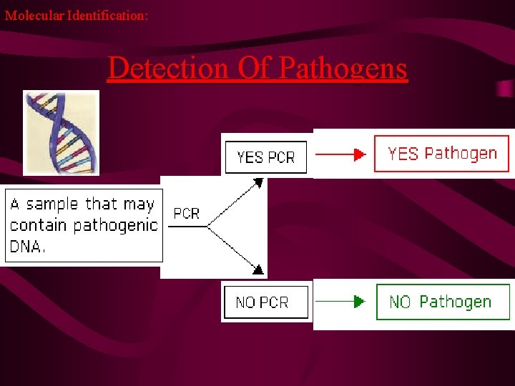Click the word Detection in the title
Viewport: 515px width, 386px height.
168,69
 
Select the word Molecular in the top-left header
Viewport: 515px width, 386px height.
34,14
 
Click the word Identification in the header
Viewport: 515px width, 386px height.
107,14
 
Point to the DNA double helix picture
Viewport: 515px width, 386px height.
61,132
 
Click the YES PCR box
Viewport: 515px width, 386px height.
265,157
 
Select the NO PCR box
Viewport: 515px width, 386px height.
265,302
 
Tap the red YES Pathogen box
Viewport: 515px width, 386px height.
441,154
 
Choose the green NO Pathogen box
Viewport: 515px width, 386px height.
443,302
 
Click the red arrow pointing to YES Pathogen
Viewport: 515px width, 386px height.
341,154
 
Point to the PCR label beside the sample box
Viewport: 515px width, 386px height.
187,213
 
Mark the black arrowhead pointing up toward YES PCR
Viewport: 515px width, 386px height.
259,183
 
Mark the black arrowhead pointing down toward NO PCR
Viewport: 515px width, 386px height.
259,270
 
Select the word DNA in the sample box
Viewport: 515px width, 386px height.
27,247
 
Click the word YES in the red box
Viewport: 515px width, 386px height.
403,154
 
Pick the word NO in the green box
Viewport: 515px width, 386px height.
400,302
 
